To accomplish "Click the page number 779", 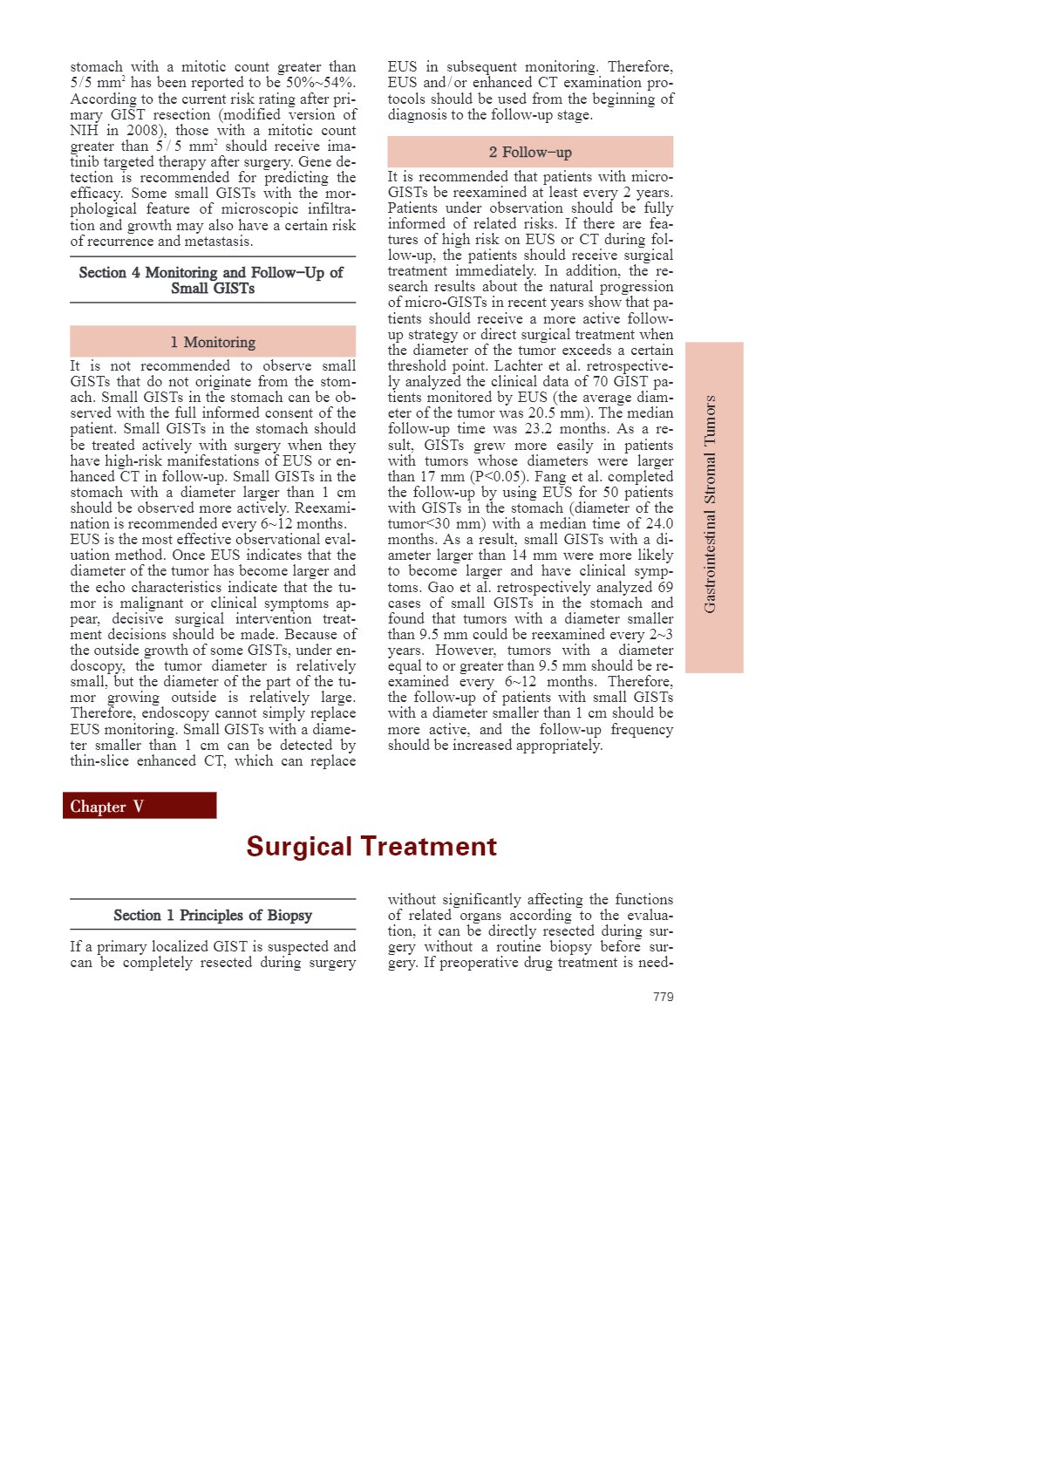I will pos(663,997).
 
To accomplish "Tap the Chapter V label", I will pos(106,807).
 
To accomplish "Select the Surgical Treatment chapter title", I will pos(371,846).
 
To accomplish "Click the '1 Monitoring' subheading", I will pos(213,342).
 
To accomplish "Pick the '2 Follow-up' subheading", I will pos(530,152).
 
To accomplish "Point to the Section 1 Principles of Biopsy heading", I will pos(213,915).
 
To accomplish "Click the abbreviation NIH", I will pos(85,131).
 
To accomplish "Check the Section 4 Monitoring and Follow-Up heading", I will pos(211,280).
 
